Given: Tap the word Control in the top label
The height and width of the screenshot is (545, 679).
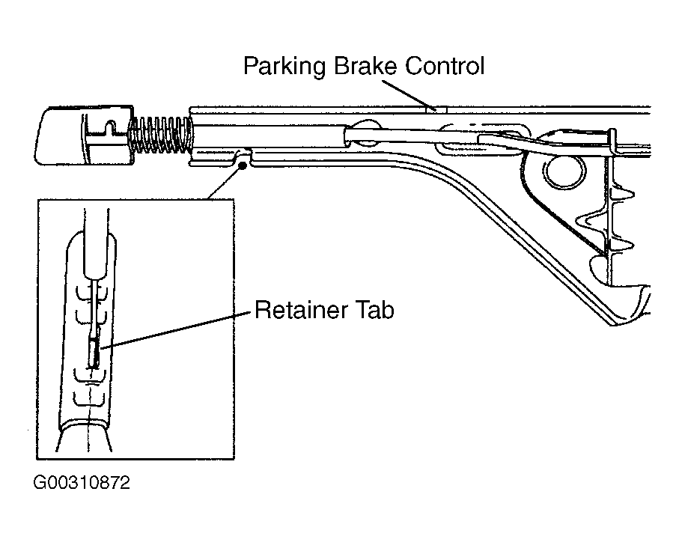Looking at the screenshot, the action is coord(445,66).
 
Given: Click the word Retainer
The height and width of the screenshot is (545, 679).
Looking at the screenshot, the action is coord(300,310).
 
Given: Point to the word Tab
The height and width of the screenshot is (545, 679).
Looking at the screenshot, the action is coord(375,310).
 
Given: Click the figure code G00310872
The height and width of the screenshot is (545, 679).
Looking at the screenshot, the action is coord(82,482).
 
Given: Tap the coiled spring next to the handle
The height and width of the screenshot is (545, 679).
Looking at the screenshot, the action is coord(161,135).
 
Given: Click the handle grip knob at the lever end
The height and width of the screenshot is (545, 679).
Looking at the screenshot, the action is coord(84,136).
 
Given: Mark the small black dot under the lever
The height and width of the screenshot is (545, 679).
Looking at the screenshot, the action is coord(243,165).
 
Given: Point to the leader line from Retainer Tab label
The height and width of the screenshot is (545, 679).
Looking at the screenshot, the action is coord(175,329).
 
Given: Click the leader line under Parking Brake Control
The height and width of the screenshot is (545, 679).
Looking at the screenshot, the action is coord(408,95).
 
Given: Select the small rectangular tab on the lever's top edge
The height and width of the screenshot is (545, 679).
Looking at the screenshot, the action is coord(436,110).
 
